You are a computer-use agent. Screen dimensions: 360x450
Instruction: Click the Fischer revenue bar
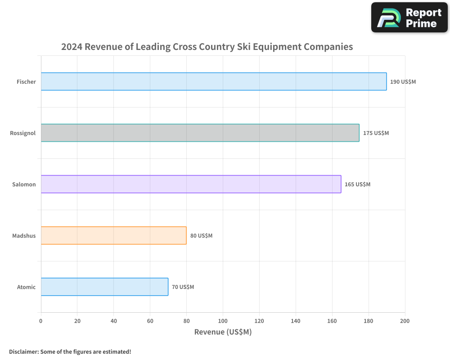pyautogui.click(x=214, y=81)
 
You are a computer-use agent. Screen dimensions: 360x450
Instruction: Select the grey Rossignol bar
pyautogui.click(x=200, y=133)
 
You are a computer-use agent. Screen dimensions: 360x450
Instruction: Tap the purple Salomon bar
pyautogui.click(x=191, y=184)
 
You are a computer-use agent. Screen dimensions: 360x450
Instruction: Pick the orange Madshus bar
pyautogui.click(x=113, y=235)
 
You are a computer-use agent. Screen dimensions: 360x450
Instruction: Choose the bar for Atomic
pyautogui.click(x=104, y=287)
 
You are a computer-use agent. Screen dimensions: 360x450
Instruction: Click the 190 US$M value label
pyautogui.click(x=403, y=82)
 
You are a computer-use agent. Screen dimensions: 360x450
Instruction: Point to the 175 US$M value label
pyautogui.click(x=376, y=133)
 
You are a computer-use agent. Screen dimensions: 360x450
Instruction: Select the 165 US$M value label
pyautogui.click(x=357, y=184)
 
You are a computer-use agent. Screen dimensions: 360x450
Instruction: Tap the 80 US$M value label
pyautogui.click(x=201, y=236)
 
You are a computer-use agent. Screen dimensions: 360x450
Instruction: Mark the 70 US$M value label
pyautogui.click(x=183, y=287)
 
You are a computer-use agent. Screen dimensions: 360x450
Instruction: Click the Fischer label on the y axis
pyautogui.click(x=26, y=82)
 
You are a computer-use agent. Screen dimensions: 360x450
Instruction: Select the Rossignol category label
pyautogui.click(x=23, y=133)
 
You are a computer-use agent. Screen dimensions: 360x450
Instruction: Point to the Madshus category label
pyautogui.click(x=24, y=236)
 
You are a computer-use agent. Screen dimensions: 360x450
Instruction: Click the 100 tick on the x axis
pyautogui.click(x=223, y=321)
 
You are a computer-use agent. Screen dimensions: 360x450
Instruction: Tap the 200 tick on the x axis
pyautogui.click(x=405, y=321)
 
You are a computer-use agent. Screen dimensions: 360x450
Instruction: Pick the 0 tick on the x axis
pyautogui.click(x=41, y=321)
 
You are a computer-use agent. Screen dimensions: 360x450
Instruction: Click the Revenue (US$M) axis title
pyautogui.click(x=223, y=332)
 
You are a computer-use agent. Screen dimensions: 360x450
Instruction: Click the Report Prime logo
pyautogui.click(x=409, y=18)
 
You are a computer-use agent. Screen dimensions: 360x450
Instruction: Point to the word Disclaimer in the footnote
pyautogui.click(x=23, y=351)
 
